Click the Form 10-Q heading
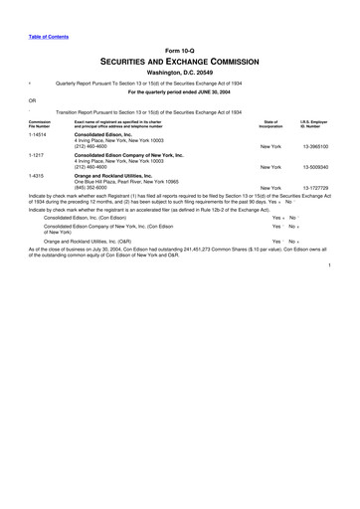179,51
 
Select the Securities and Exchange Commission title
179,62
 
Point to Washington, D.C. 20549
179,74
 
